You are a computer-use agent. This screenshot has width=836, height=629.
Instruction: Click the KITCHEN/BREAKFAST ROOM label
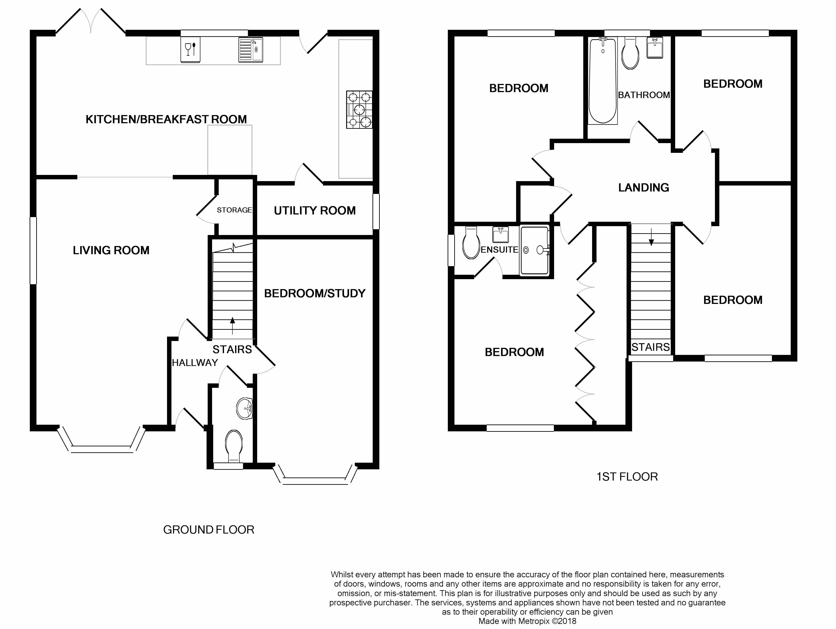click(x=166, y=119)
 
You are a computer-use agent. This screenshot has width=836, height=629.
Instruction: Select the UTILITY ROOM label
click(x=315, y=210)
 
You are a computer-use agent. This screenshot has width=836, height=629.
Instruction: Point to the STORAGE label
click(x=234, y=210)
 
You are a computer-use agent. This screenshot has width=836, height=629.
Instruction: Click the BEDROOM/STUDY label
click(x=315, y=294)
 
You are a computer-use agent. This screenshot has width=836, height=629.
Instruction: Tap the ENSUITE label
click(x=499, y=250)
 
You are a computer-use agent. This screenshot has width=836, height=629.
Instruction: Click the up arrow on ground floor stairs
click(x=232, y=326)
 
